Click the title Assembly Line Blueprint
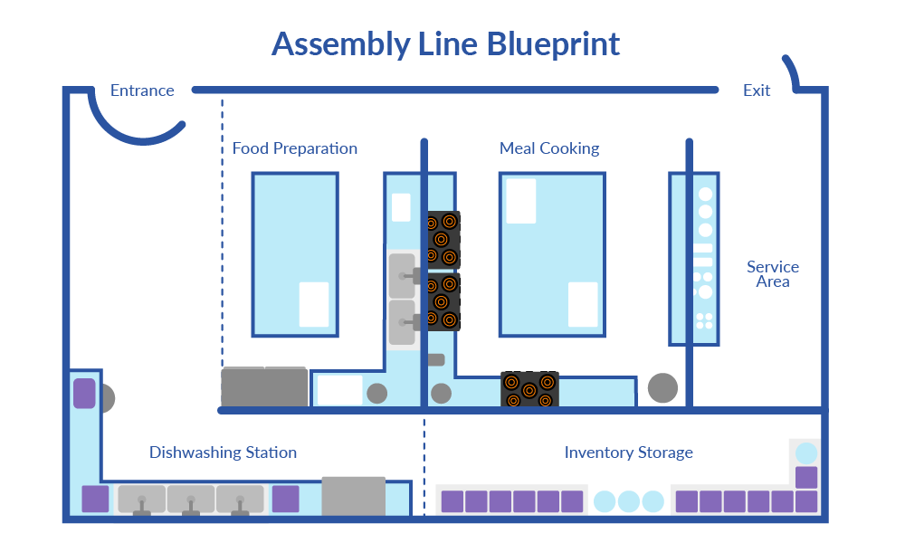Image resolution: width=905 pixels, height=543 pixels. pyautogui.click(x=445, y=44)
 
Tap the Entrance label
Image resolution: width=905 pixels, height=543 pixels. pyautogui.click(x=142, y=90)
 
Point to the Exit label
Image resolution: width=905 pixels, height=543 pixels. pyautogui.click(x=757, y=90)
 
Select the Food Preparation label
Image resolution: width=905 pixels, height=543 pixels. pyautogui.click(x=295, y=148)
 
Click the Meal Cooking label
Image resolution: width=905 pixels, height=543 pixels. pyautogui.click(x=549, y=148)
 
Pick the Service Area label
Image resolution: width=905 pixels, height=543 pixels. pyautogui.click(x=772, y=274)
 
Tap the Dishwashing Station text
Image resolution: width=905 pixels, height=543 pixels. pyautogui.click(x=223, y=452)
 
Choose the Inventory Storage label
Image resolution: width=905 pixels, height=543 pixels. pyautogui.click(x=629, y=452)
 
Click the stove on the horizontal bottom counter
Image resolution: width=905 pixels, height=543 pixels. pyautogui.click(x=529, y=389)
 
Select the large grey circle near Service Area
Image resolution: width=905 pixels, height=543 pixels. pyautogui.click(x=662, y=388)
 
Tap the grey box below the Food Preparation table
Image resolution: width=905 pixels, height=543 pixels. pyautogui.click(x=264, y=387)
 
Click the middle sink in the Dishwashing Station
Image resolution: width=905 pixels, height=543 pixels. pyautogui.click(x=190, y=500)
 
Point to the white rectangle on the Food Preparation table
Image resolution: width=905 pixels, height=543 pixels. pyautogui.click(x=313, y=304)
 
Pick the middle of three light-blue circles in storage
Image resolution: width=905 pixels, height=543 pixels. pyautogui.click(x=629, y=501)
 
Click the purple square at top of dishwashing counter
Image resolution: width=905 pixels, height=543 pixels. pyautogui.click(x=84, y=394)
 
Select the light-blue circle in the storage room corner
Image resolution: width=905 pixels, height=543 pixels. pyautogui.click(x=805, y=452)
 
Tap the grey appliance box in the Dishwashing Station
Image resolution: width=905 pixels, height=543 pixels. pyautogui.click(x=353, y=496)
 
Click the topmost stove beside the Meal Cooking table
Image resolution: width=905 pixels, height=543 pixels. pyautogui.click(x=443, y=239)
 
